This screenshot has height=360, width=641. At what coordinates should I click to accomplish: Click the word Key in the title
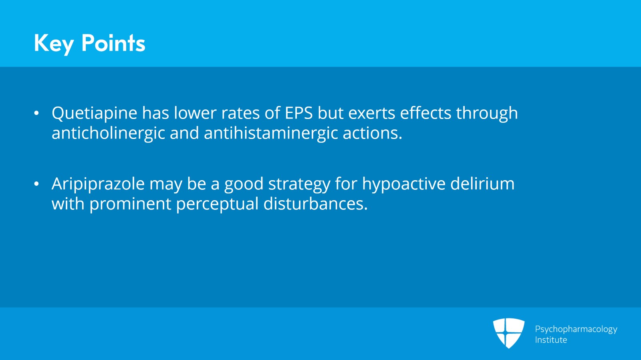point(54,43)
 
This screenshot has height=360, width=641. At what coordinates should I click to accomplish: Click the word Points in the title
point(113,43)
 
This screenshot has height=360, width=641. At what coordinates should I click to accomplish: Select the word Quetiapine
point(95,113)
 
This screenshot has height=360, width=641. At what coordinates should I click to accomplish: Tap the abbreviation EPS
point(298,113)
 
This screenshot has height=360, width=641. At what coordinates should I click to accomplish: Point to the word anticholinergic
point(108,133)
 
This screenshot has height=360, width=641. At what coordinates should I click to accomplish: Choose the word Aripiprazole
point(98,184)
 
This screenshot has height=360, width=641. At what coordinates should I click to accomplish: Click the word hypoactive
point(404,184)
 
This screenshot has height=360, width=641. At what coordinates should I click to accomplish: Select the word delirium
point(482,184)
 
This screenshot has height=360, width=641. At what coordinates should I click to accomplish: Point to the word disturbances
point(315,204)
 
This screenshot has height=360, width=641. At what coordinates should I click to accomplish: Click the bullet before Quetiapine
point(36,114)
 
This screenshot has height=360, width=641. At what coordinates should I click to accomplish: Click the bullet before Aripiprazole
point(36,184)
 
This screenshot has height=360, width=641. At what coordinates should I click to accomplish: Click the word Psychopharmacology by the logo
point(576,329)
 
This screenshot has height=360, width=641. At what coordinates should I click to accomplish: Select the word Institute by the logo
point(551,340)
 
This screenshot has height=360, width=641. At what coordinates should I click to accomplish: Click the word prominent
point(130,204)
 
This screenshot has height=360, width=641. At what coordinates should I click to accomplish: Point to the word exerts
point(372,113)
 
